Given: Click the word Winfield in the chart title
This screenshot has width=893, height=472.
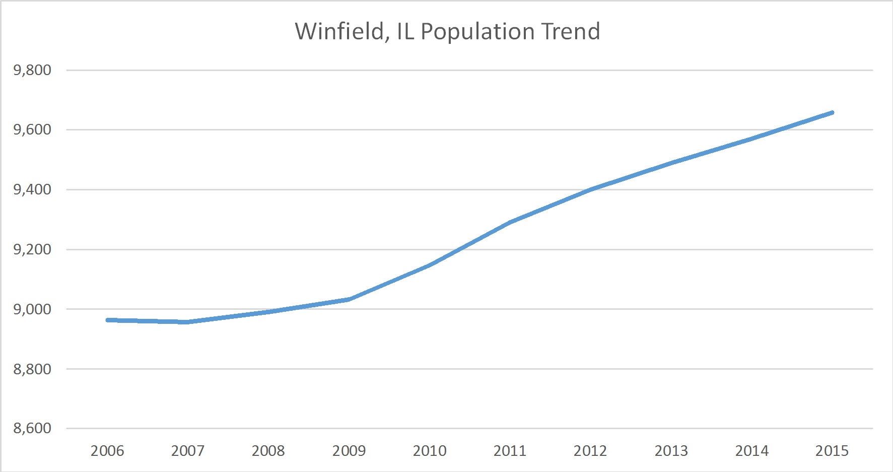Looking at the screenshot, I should [340, 31].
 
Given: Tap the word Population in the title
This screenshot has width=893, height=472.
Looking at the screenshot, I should [477, 31].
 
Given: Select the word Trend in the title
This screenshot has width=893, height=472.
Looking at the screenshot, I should [570, 31].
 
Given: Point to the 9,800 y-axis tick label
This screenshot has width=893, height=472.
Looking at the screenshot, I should [32, 70].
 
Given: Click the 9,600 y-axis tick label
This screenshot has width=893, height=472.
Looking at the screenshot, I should [32, 129].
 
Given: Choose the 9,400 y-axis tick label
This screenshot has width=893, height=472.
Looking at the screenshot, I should [32, 189].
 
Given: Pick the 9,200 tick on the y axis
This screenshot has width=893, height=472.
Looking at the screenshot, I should [32, 249].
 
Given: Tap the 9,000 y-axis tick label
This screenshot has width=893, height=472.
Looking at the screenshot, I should [32, 309].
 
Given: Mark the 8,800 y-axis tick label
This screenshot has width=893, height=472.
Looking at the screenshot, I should [32, 369].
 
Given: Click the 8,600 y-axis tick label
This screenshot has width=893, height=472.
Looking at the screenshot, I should [32, 428].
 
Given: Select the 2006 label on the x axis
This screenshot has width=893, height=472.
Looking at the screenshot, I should [107, 450].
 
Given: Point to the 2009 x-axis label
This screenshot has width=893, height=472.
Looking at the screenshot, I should [349, 450].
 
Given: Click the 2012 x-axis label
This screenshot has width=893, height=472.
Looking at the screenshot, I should [590, 450].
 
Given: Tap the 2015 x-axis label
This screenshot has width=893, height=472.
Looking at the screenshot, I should [832, 450].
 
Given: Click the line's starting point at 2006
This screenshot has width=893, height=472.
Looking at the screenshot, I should [108, 320].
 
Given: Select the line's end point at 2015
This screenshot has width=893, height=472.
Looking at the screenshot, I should [832, 113].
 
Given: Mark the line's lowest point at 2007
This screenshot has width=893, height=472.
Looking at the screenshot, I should [187, 322].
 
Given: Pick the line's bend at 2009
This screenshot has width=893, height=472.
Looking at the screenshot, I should [349, 299].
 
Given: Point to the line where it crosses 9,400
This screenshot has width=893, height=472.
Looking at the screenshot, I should [590, 189].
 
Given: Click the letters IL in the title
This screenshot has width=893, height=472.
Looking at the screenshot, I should [405, 31].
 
